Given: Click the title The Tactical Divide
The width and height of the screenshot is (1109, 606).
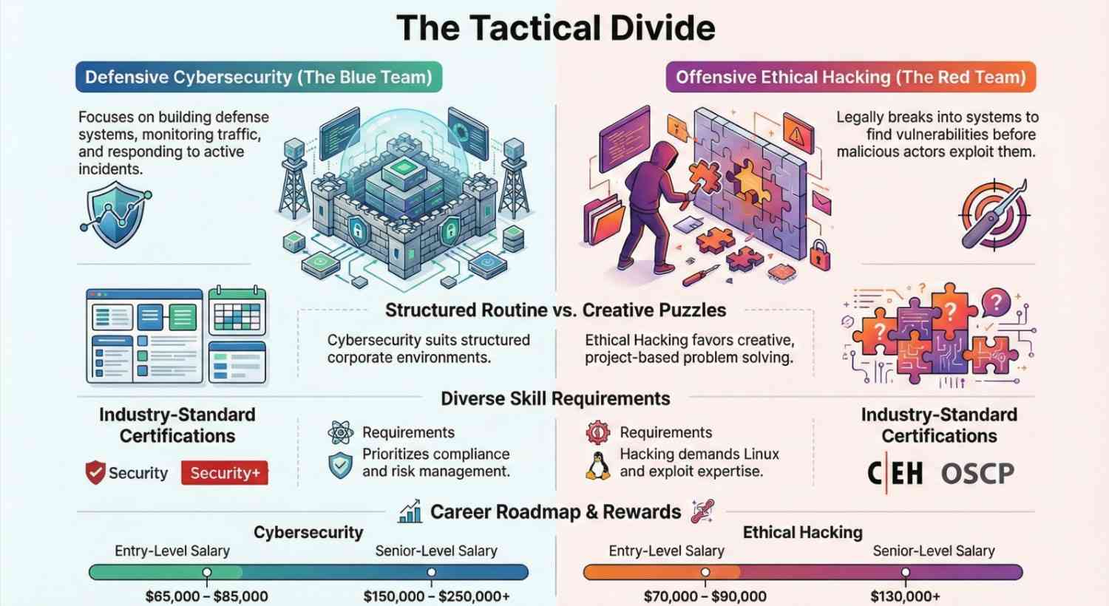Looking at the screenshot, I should click(x=555, y=28).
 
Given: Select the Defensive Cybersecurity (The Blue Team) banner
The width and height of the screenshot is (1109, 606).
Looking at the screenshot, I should click(x=258, y=77).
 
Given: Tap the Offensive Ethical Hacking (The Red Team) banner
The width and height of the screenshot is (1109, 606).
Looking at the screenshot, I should click(x=850, y=77).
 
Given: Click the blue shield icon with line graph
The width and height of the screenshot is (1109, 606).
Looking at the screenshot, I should click(x=115, y=215).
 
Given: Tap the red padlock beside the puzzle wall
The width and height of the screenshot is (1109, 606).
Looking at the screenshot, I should click(x=819, y=253).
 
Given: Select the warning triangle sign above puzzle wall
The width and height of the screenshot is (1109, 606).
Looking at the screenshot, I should click(x=797, y=135).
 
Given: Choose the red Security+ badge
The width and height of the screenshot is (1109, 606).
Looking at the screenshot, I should click(x=225, y=473).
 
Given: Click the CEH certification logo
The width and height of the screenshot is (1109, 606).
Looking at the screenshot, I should click(x=895, y=473).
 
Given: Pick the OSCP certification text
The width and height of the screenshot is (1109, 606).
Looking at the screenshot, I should click(x=977, y=474).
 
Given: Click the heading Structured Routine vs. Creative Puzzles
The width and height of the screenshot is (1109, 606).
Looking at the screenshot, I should click(x=555, y=310).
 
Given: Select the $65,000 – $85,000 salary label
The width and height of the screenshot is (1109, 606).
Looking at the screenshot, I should click(x=206, y=596).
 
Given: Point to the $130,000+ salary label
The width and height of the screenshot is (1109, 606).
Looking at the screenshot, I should click(x=905, y=596).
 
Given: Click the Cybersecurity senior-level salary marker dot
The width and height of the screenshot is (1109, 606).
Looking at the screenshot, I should click(x=431, y=572).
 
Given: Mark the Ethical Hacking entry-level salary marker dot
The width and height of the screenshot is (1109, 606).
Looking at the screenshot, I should click(x=705, y=572).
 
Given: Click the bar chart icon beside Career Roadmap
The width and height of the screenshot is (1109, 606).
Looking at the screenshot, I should click(x=410, y=511).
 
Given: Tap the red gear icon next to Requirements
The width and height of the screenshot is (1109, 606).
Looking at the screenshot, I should click(x=597, y=432).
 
